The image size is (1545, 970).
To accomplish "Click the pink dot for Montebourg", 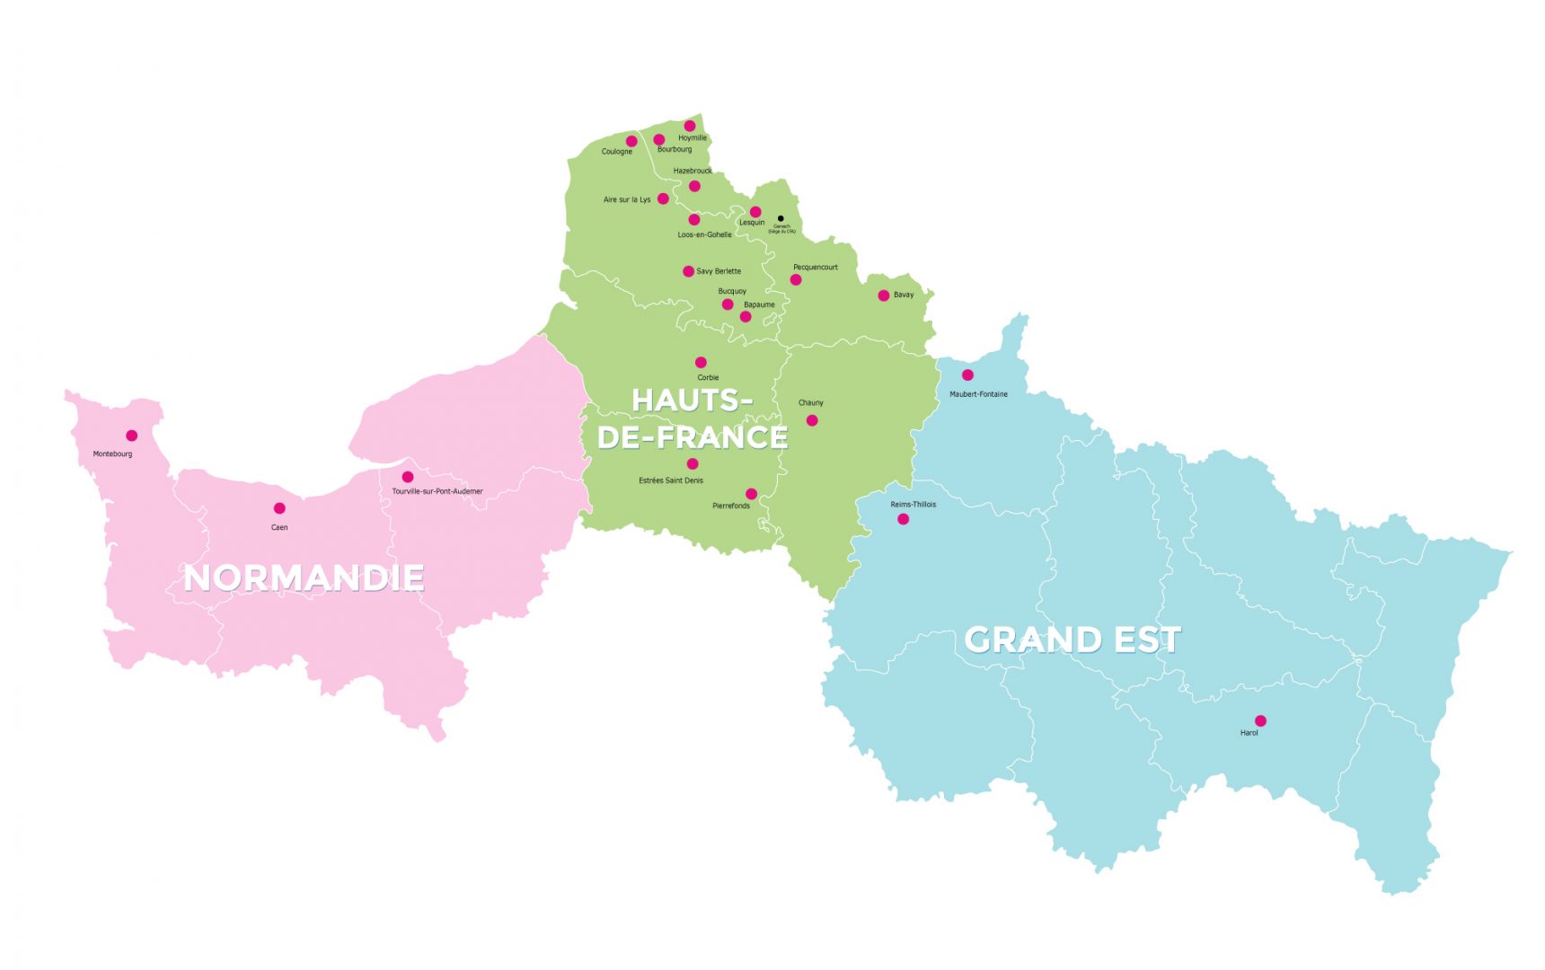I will point(131,436).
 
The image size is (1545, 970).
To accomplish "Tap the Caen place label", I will point(279,527).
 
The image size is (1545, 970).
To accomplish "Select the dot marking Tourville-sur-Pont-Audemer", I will point(408,477).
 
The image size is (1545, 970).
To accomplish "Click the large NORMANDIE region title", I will point(304,578).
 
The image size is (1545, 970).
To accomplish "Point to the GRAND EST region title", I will point(1073,639).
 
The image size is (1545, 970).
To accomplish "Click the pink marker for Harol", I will point(1260,720).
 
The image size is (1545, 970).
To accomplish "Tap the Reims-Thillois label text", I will point(913,505).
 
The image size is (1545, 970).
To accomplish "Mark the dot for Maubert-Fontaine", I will point(967,375).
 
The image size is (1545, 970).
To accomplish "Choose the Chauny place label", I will point(810,402).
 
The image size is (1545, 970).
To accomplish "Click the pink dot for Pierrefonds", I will point(751,494).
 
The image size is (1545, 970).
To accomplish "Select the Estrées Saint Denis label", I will point(671,481).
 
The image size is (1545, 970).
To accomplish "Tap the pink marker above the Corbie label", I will point(701,363).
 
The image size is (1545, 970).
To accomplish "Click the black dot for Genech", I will point(781,218).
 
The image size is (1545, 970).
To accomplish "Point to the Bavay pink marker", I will point(884,295).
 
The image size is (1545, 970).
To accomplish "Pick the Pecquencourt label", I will point(816,267).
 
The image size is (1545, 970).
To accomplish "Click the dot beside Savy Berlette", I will point(688,271).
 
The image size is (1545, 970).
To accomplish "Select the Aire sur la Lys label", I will point(627,199).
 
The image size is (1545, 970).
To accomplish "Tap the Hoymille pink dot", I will point(690,126).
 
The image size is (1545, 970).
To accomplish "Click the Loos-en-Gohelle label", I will point(704,234).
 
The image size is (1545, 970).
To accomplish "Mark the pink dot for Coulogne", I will point(631,141).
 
